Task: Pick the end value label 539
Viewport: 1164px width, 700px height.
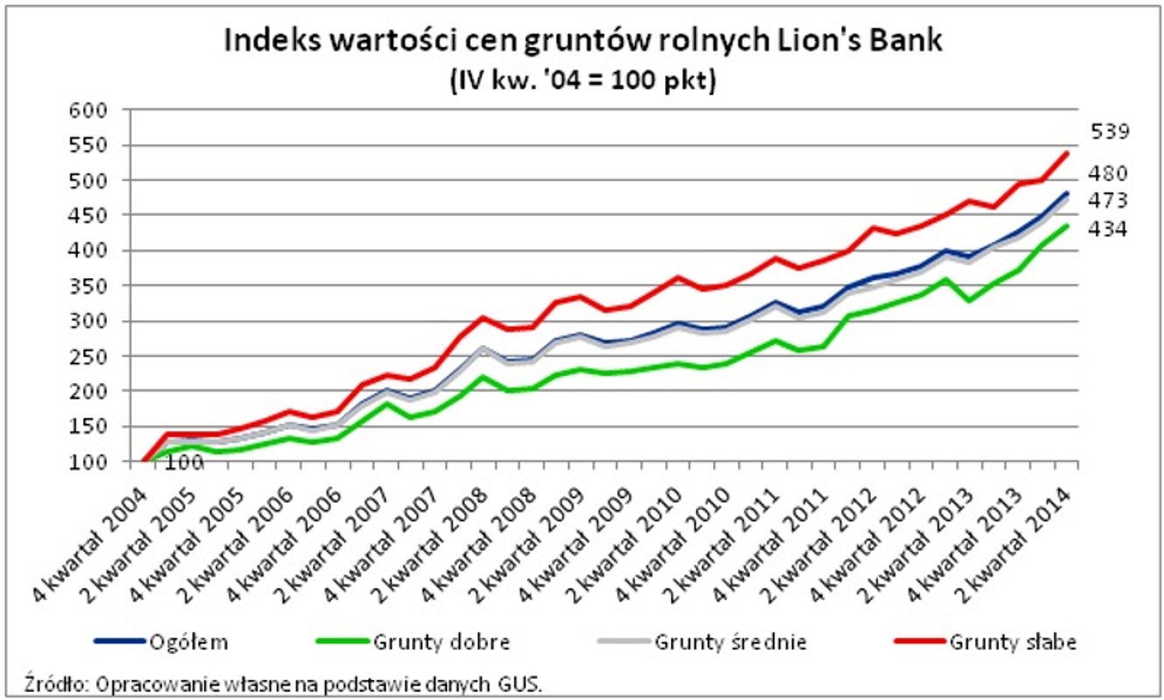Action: pos(1110,132)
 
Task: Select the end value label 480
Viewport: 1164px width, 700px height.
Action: pos(1110,173)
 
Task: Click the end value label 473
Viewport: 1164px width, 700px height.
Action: pos(1110,201)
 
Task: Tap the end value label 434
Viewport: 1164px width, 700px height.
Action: pos(1110,229)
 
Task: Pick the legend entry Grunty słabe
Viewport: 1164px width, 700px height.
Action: pos(1012,641)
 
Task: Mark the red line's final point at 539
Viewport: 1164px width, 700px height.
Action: pos(1066,153)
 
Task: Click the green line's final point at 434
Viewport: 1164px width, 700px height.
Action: pos(1066,226)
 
